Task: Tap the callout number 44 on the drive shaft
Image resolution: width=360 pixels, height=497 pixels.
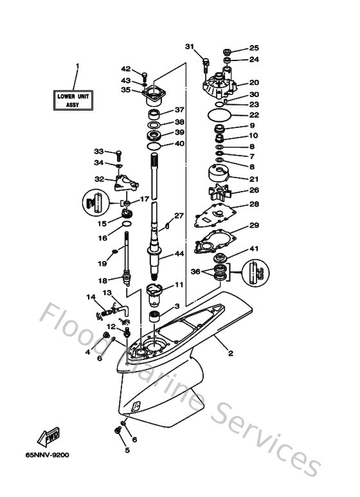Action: pos(181,255)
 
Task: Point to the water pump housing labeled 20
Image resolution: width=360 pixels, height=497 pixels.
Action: pos(221,82)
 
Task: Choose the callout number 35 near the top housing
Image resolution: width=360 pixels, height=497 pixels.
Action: pos(126,90)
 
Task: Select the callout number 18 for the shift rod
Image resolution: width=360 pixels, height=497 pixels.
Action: pos(101,280)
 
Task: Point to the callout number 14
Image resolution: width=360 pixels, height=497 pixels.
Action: pos(90,296)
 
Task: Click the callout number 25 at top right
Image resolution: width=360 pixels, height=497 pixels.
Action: pos(253,48)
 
